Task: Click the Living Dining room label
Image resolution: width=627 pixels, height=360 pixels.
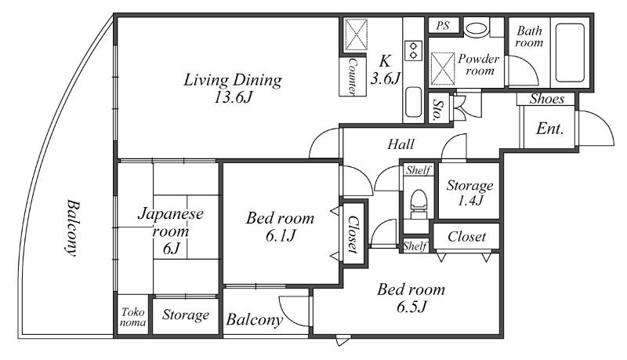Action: (233, 88)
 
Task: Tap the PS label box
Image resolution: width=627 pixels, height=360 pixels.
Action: (443, 26)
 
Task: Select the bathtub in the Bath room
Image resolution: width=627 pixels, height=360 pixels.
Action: (571, 53)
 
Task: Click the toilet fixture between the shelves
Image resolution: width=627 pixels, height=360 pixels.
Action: (419, 204)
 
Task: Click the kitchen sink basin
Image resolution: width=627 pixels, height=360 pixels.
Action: (414, 102)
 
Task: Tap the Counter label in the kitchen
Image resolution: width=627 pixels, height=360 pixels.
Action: (352, 77)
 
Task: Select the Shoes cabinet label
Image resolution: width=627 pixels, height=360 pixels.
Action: (546, 99)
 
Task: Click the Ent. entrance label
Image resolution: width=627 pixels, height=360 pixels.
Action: (549, 129)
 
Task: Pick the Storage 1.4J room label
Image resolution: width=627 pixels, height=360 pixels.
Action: (469, 192)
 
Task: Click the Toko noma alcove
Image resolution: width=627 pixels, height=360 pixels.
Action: (132, 316)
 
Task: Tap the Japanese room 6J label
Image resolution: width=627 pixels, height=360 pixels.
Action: (171, 231)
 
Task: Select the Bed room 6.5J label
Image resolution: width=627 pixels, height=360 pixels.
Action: (411, 297)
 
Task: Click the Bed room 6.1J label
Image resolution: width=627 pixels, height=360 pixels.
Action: (280, 227)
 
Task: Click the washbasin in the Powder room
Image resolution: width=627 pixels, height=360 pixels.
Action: (477, 28)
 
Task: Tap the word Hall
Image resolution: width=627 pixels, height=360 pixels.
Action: (400, 144)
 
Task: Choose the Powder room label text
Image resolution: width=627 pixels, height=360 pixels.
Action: (479, 65)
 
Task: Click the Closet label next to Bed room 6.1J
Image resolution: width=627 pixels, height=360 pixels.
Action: (353, 234)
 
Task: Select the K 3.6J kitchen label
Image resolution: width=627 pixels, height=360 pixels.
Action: (385, 70)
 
